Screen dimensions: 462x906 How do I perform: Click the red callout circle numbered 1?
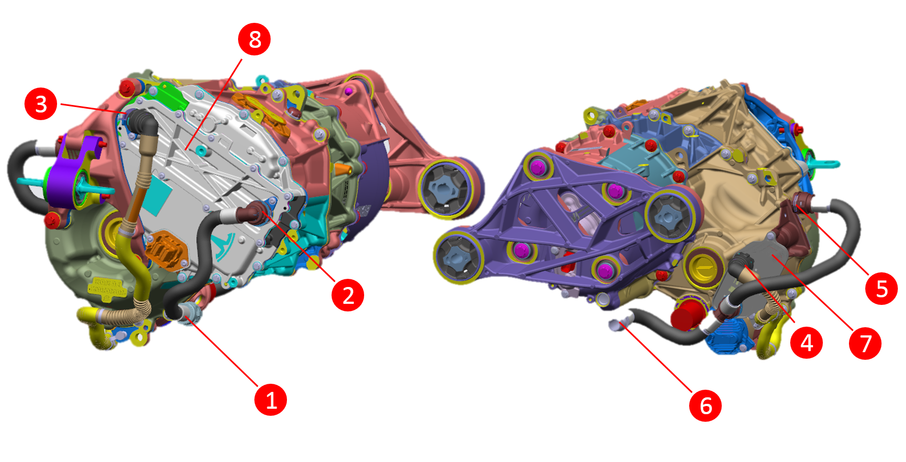pos(271,400)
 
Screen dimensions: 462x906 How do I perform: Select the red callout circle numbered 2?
pos(348,295)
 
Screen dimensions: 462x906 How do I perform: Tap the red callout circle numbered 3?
pos(41,104)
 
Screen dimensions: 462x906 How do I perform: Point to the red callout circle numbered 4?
pos(807,343)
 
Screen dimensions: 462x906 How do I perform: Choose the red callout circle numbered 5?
pos(882,289)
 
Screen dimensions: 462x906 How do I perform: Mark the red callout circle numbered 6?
pos(705,405)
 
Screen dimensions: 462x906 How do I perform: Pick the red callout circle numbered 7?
pos(865,344)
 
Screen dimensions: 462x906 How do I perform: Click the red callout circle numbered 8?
pos(254,39)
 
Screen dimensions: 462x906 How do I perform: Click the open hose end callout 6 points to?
pos(616,325)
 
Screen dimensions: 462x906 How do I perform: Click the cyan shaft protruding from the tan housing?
pos(823,163)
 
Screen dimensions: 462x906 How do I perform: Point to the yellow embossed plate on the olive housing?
pos(107,286)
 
